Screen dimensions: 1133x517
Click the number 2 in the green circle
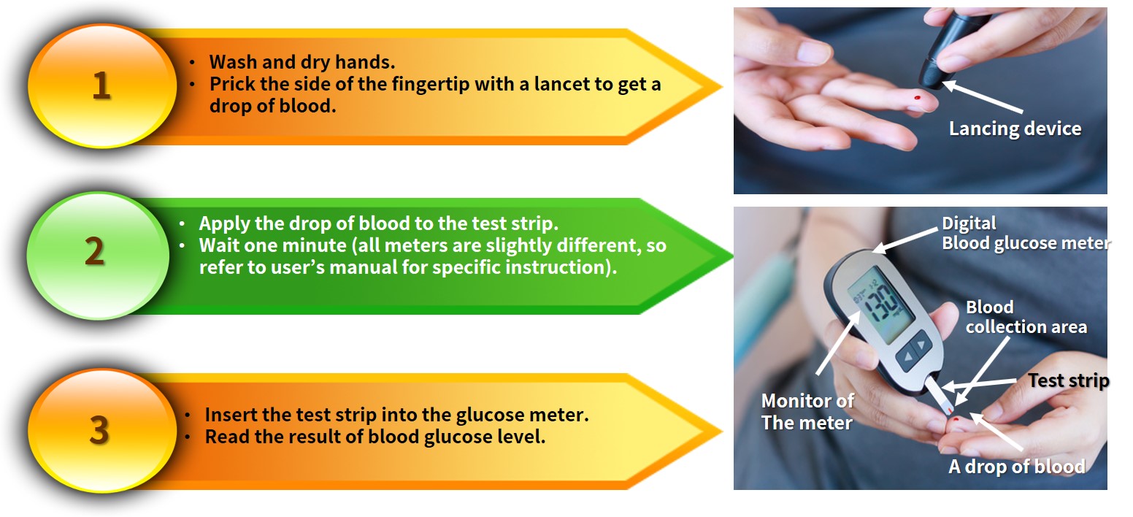[95, 251]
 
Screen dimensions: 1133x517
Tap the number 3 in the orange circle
[99, 430]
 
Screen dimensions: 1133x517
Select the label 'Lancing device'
[1015, 129]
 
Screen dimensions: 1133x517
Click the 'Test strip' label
[1068, 380]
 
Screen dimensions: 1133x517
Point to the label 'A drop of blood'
[1017, 467]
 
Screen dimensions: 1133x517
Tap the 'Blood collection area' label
[1026, 317]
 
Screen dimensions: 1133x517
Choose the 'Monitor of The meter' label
[807, 412]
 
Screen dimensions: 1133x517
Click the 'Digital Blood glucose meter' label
[1026, 233]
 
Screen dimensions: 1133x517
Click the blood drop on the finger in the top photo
[917, 97]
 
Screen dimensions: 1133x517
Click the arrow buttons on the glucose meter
[915, 351]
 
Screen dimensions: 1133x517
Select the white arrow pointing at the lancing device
[982, 96]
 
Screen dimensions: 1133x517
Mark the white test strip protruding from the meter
[940, 397]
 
